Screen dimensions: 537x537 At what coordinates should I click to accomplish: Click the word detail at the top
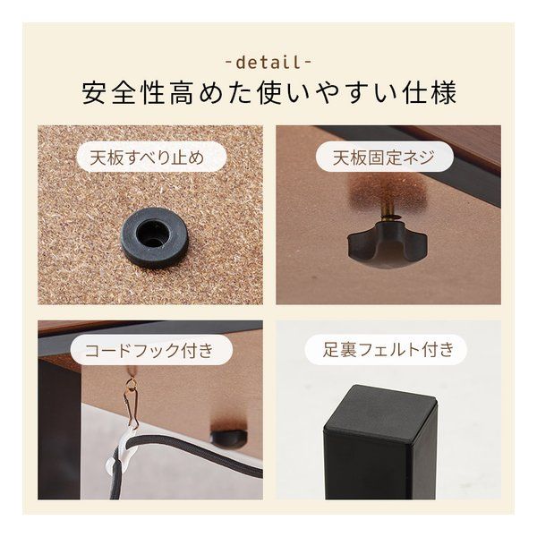(x=268, y=63)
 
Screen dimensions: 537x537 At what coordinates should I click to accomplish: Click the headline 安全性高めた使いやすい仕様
(x=268, y=93)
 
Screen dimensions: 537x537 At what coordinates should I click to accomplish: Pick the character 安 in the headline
(x=92, y=93)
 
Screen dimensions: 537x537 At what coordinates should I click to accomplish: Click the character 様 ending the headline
(x=445, y=93)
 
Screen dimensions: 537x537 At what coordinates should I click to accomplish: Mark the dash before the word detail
(x=228, y=63)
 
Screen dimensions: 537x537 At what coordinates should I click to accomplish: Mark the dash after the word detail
(x=308, y=63)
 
